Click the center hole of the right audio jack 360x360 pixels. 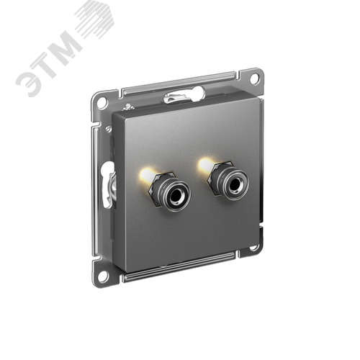click(x=233, y=184)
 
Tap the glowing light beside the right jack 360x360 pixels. click(x=206, y=163)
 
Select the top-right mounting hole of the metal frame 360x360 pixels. click(x=254, y=78)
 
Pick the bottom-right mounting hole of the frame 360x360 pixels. click(x=253, y=248)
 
